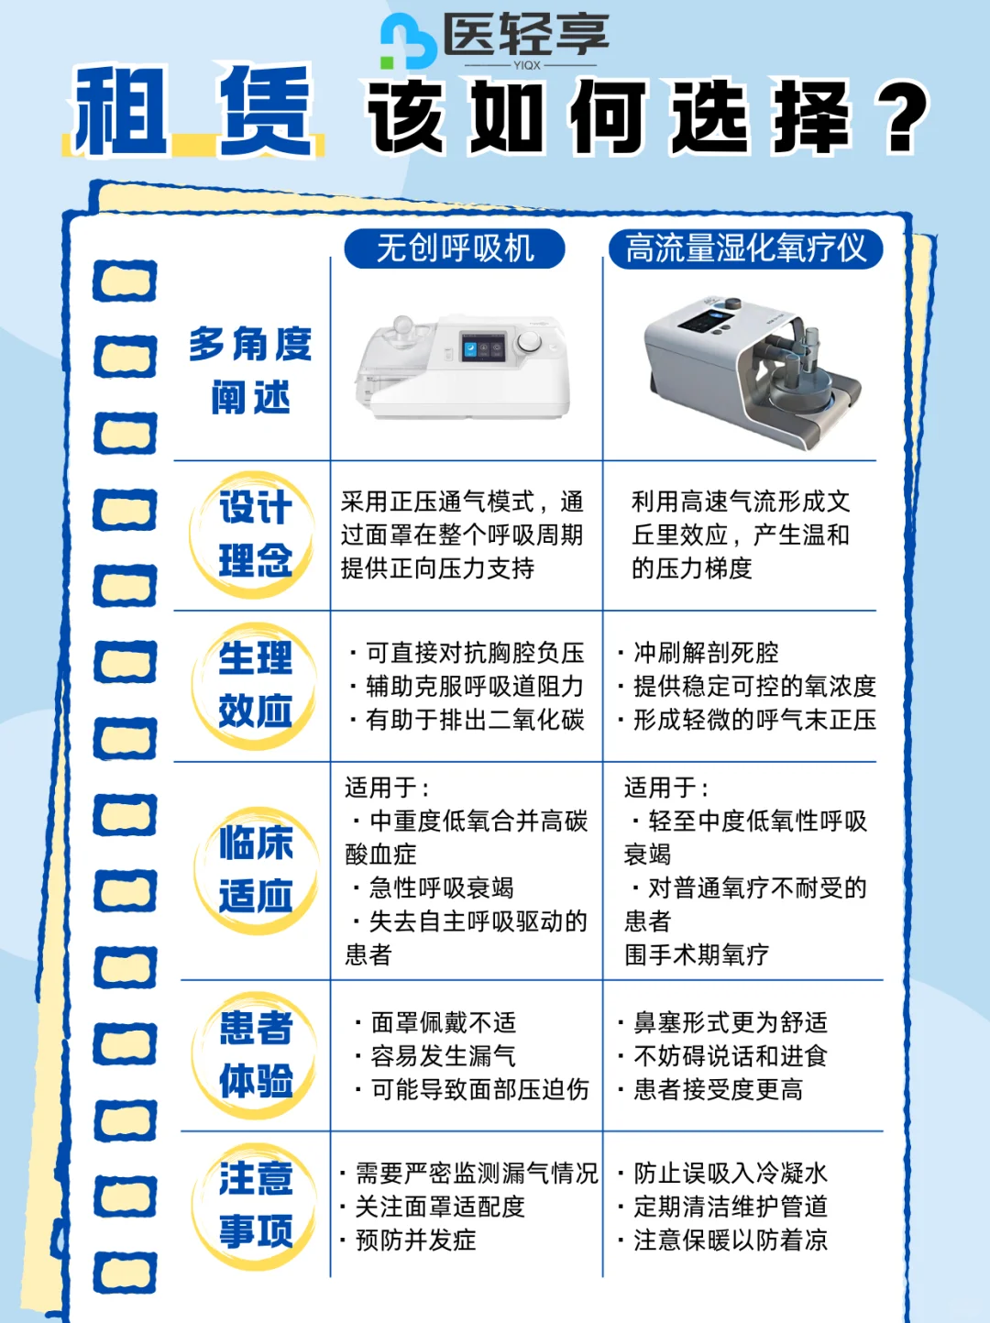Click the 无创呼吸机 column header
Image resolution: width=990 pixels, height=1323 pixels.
coord(455,248)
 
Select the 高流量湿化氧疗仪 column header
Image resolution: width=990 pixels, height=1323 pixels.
coord(745,248)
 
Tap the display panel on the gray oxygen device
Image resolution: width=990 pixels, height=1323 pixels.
coord(707,322)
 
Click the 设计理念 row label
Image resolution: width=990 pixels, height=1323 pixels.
coord(255,535)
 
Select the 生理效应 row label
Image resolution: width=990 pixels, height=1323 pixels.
coord(255,685)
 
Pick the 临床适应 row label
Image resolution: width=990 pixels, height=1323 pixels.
coord(255,869)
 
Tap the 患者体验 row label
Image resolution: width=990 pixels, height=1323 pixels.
coord(255,1054)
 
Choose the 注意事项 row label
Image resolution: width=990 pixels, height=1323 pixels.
coord(255,1205)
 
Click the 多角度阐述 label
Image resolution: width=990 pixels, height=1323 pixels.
coord(249,370)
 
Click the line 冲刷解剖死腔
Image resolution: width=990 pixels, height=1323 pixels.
coord(706,653)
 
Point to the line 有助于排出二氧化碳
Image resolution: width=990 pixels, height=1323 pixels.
coord(474,721)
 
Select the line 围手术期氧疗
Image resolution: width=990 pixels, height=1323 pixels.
coord(697,955)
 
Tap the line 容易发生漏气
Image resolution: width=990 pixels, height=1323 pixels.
coord(443,1056)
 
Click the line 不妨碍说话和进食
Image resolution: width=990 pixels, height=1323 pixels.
coord(730,1056)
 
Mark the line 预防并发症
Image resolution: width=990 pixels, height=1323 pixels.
coord(415,1240)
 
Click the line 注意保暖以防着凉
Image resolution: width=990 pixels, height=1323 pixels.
coord(730,1240)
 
